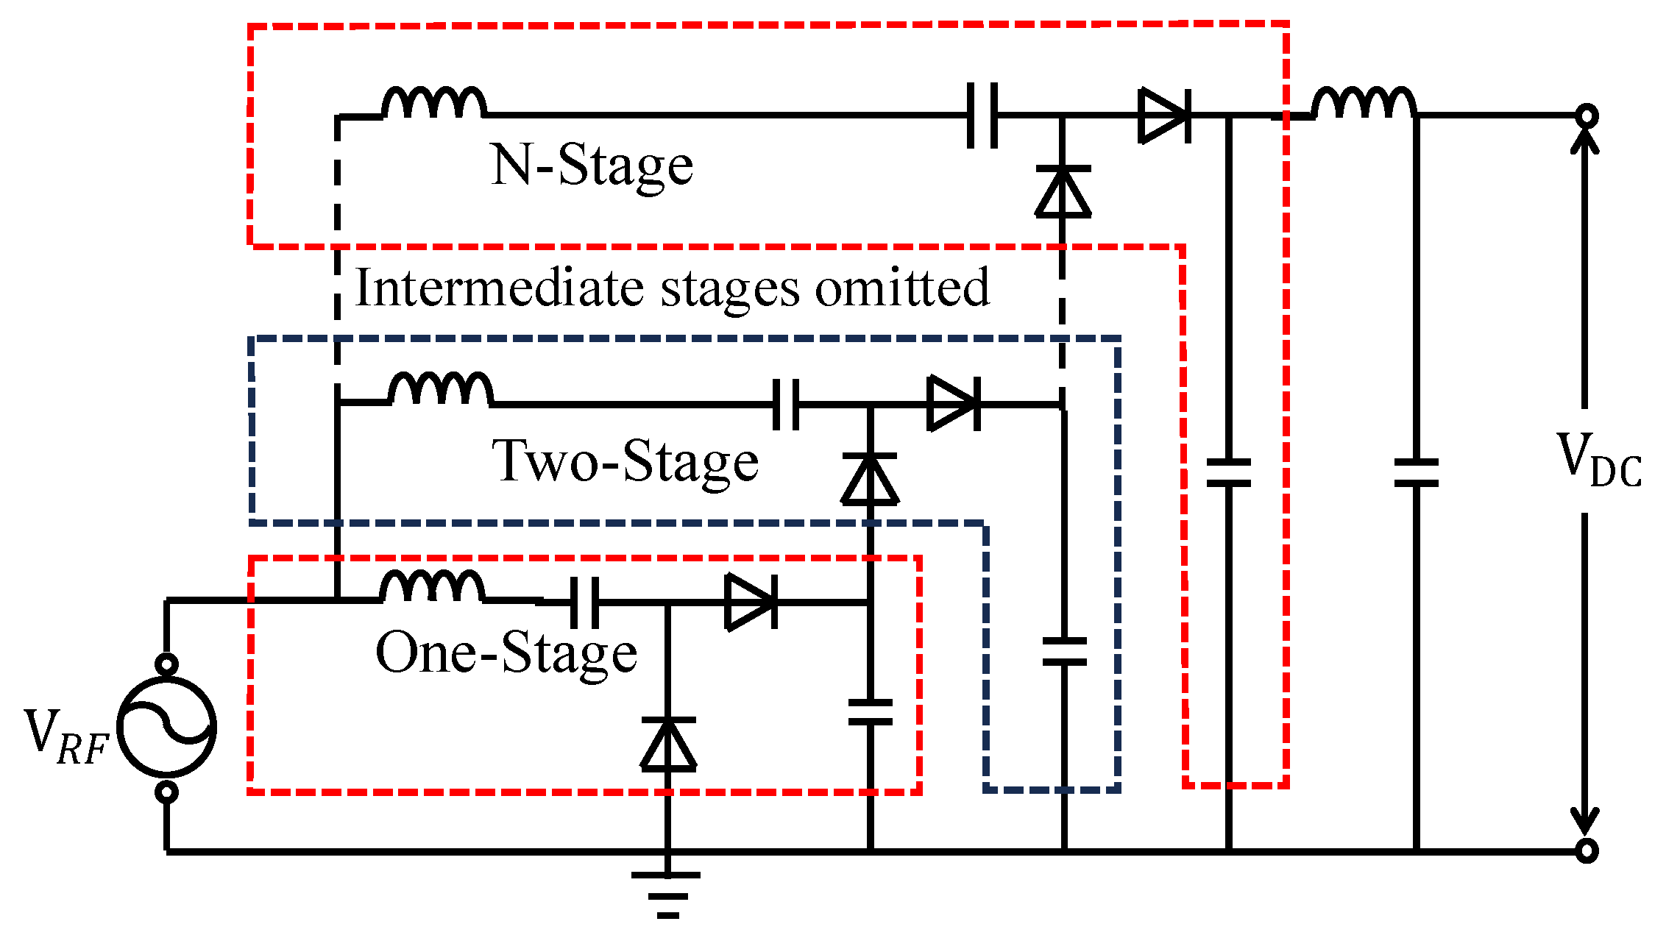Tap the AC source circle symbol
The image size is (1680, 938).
167,727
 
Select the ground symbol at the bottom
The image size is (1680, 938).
667,895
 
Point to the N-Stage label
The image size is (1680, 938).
592,166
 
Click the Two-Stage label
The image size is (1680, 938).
625,462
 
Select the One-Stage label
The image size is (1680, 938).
506,653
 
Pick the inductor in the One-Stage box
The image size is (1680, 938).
432,588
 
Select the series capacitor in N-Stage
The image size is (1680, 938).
982,116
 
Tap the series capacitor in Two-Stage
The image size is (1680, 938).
786,404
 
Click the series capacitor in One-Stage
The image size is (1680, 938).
584,602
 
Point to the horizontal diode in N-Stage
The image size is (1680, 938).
1164,116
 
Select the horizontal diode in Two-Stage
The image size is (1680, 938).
954,403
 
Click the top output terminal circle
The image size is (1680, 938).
1587,116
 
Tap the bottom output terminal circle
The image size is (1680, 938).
1587,851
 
